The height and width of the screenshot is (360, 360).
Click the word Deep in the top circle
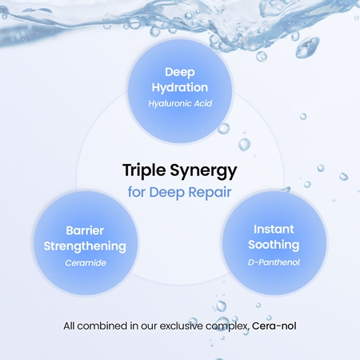(180, 73)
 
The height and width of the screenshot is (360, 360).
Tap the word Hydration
(180, 88)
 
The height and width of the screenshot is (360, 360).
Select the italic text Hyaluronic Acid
(180, 103)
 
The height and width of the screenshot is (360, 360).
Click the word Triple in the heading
(144, 171)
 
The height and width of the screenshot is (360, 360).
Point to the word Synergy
(203, 171)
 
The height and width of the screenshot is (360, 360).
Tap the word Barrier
(85, 230)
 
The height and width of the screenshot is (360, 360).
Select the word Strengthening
(85, 246)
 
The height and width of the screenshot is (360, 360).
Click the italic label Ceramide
(86, 263)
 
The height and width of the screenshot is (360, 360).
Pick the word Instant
(274, 230)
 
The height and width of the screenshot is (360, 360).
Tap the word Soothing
(274, 245)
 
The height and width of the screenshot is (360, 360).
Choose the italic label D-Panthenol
(274, 262)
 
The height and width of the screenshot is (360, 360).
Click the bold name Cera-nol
(274, 326)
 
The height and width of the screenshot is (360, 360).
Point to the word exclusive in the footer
(181, 326)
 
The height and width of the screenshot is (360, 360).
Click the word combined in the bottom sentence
(102, 326)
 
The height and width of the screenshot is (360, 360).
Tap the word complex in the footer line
(227, 326)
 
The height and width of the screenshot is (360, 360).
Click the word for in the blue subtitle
(137, 192)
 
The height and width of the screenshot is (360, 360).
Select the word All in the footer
(69, 326)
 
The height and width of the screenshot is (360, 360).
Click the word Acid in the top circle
(203, 103)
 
